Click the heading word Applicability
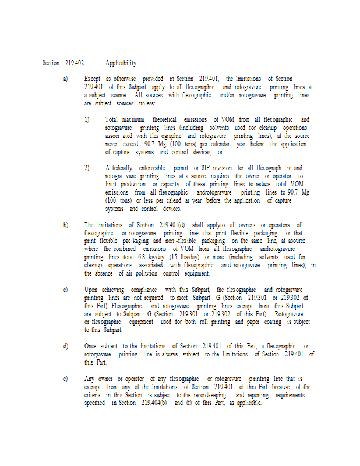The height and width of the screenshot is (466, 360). click(x=121, y=63)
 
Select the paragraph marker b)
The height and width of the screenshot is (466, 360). click(x=65, y=225)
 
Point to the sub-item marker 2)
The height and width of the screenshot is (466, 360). click(x=86, y=168)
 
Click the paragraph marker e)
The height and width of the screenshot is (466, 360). click(x=65, y=379)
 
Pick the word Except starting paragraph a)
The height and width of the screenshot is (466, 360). click(x=92, y=79)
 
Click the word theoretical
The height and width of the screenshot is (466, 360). click(x=164, y=119)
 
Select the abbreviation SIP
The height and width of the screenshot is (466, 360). click(x=204, y=168)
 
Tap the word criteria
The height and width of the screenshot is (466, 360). click(x=95, y=395)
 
